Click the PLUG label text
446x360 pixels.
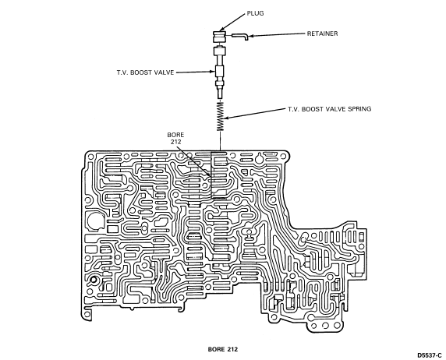(x=255, y=13)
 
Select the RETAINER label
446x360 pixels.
(x=322, y=34)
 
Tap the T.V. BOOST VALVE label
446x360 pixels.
(x=145, y=72)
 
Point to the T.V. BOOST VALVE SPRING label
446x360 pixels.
(x=329, y=109)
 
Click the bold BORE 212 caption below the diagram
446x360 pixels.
(x=223, y=349)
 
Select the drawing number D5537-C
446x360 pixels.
(x=430, y=355)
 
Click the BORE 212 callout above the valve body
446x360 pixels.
(x=175, y=138)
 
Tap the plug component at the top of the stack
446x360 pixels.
(x=219, y=37)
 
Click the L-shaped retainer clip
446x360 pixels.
(x=240, y=37)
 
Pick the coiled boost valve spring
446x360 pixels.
(x=221, y=116)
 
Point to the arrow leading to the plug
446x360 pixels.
(x=232, y=22)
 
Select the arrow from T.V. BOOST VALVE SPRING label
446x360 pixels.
(x=254, y=114)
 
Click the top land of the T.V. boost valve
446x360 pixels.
(x=220, y=51)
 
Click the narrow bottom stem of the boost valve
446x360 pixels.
(x=220, y=94)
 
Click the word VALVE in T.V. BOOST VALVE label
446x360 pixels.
(x=164, y=72)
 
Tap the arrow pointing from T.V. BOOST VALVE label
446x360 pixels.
(x=196, y=72)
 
